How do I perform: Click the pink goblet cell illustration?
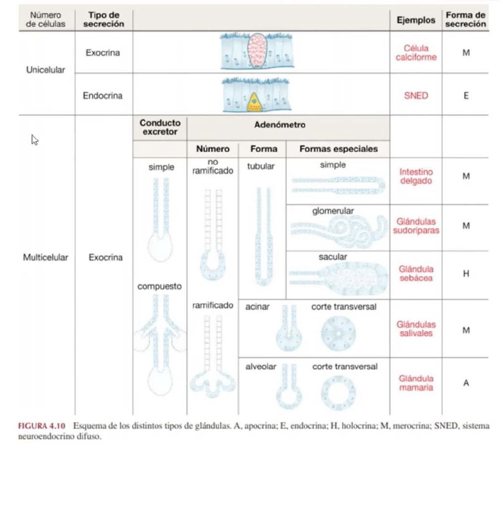click(x=256, y=52)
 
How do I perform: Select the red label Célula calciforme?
click(x=416, y=53)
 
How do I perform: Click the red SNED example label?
click(x=416, y=96)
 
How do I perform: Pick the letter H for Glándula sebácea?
click(x=465, y=274)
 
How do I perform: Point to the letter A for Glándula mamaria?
click(x=465, y=383)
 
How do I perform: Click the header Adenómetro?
click(x=279, y=125)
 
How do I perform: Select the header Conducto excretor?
click(x=160, y=127)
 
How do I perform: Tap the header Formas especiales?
click(x=338, y=149)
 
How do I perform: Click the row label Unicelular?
click(x=46, y=70)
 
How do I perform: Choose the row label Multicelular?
click(x=46, y=257)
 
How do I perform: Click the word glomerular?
click(x=333, y=211)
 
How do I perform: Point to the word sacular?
click(x=333, y=257)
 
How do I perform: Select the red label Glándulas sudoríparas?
click(x=416, y=226)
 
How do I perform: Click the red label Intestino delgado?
click(x=416, y=176)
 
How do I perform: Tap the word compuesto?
click(x=160, y=287)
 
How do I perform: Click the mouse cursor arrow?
click(x=35, y=140)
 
